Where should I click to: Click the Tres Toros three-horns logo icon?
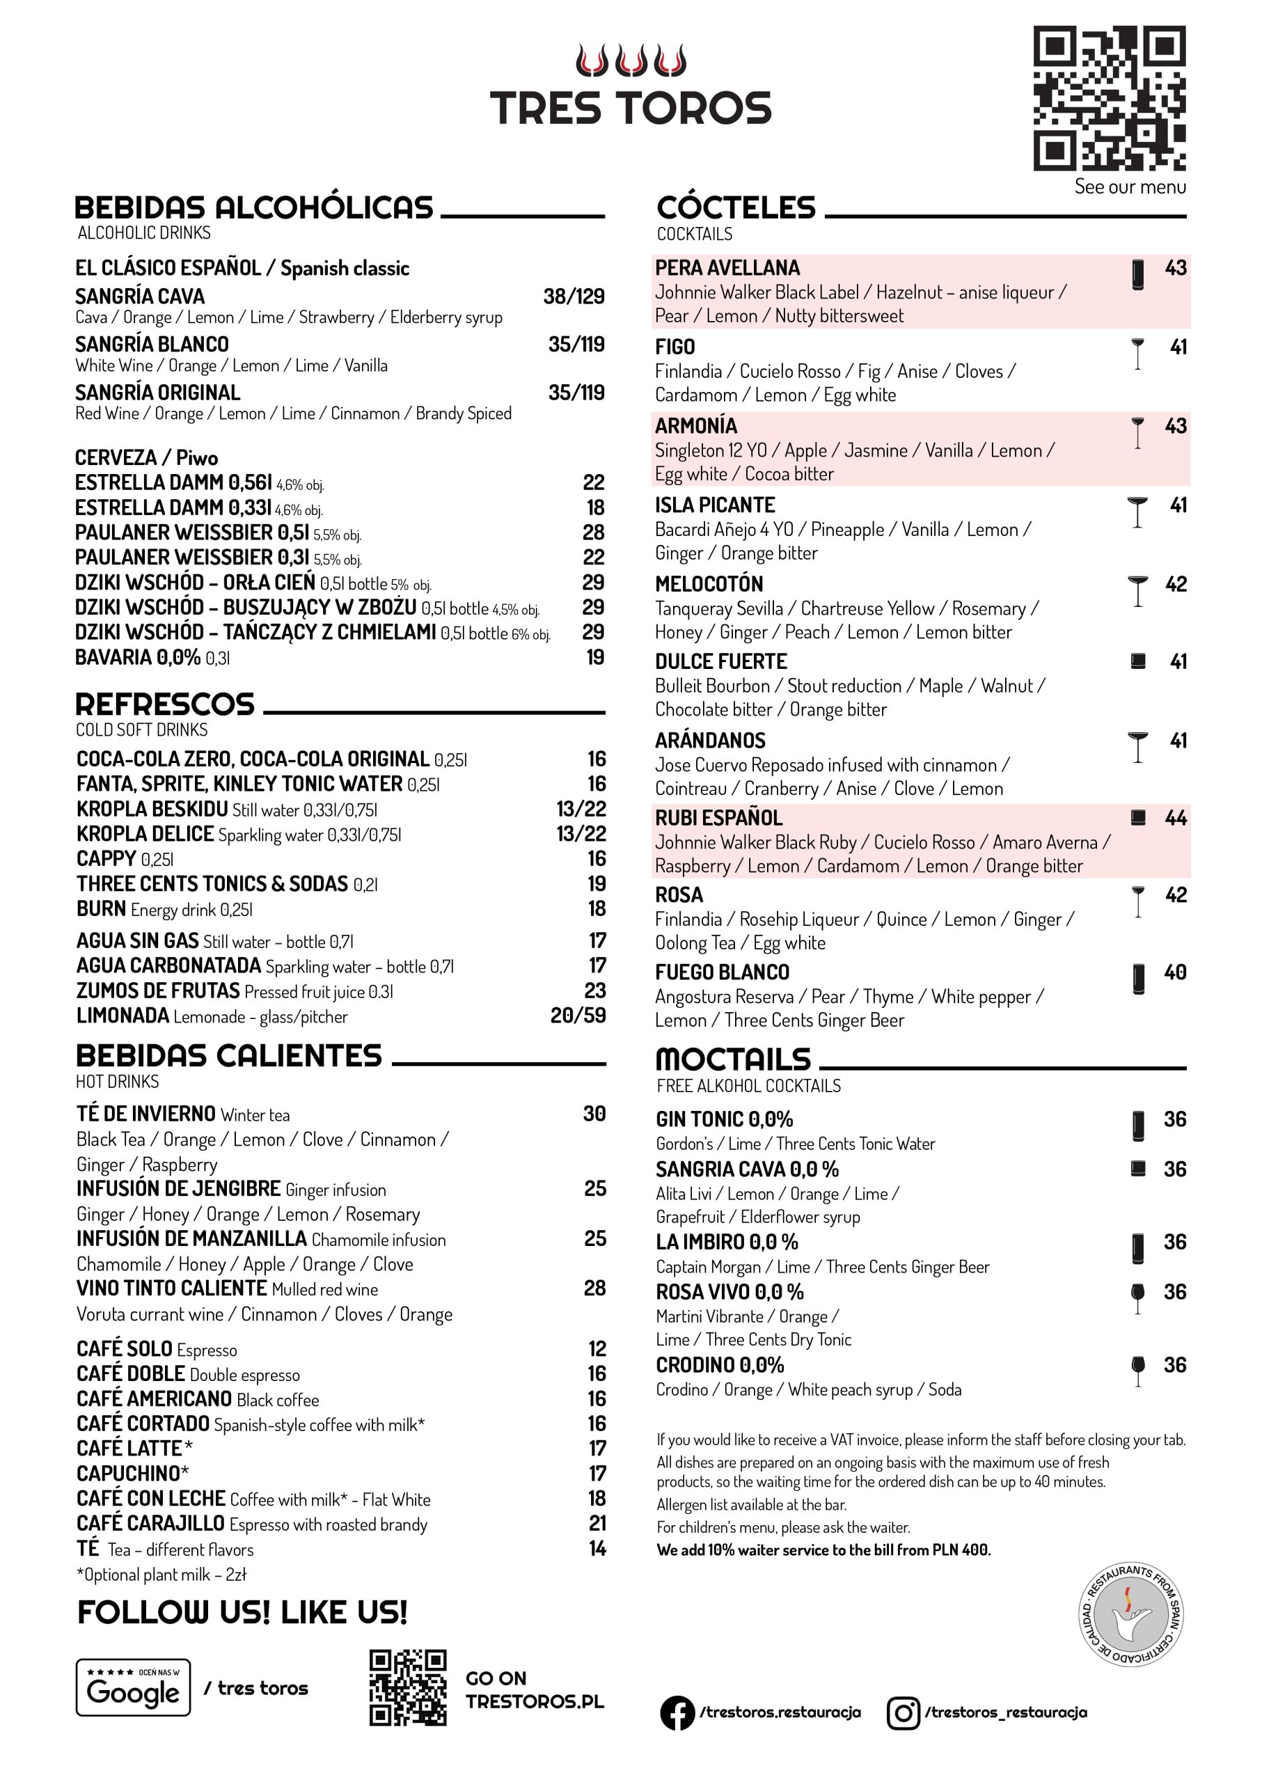tap(630, 61)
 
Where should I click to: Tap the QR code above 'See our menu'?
tap(1109, 98)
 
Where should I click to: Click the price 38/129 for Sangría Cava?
tap(574, 296)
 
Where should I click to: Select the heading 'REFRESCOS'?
tap(165, 704)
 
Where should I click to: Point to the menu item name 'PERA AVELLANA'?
tap(727, 268)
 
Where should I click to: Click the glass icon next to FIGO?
tap(1137, 354)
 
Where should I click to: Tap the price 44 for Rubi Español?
tap(1175, 817)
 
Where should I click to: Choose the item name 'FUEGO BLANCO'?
tap(722, 972)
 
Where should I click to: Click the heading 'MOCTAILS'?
tap(733, 1059)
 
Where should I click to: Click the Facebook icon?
tap(677, 1712)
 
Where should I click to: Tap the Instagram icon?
tap(904, 1712)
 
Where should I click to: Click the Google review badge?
tap(133, 1687)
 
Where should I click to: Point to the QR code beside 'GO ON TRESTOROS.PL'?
tap(407, 1687)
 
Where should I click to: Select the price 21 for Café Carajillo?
tap(597, 1523)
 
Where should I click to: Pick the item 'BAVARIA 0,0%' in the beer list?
tap(138, 658)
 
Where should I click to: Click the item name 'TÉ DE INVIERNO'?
tap(146, 1114)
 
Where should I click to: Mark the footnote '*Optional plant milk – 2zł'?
tap(161, 1575)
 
